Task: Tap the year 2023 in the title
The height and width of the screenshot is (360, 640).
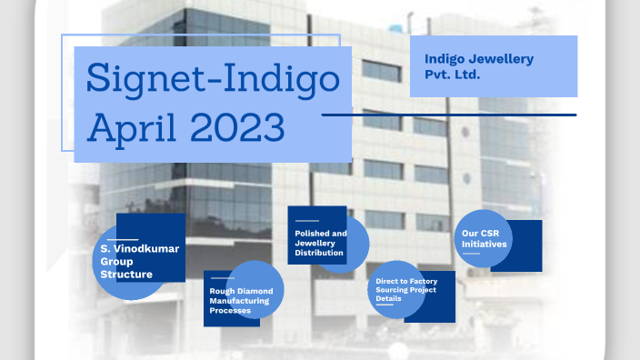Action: pos(237,127)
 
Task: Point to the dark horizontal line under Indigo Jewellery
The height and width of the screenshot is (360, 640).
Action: pos(449,115)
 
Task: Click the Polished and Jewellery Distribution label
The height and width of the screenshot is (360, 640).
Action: pos(320,243)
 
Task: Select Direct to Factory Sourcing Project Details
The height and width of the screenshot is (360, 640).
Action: pos(405,289)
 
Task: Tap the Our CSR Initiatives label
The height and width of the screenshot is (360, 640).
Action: pos(481,239)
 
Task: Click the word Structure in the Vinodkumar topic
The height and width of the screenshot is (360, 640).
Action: pos(126,274)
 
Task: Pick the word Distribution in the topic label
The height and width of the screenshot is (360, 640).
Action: pos(319,253)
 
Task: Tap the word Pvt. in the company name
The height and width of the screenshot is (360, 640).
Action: pos(437,73)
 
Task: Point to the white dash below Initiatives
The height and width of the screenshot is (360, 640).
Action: pos(471,254)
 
